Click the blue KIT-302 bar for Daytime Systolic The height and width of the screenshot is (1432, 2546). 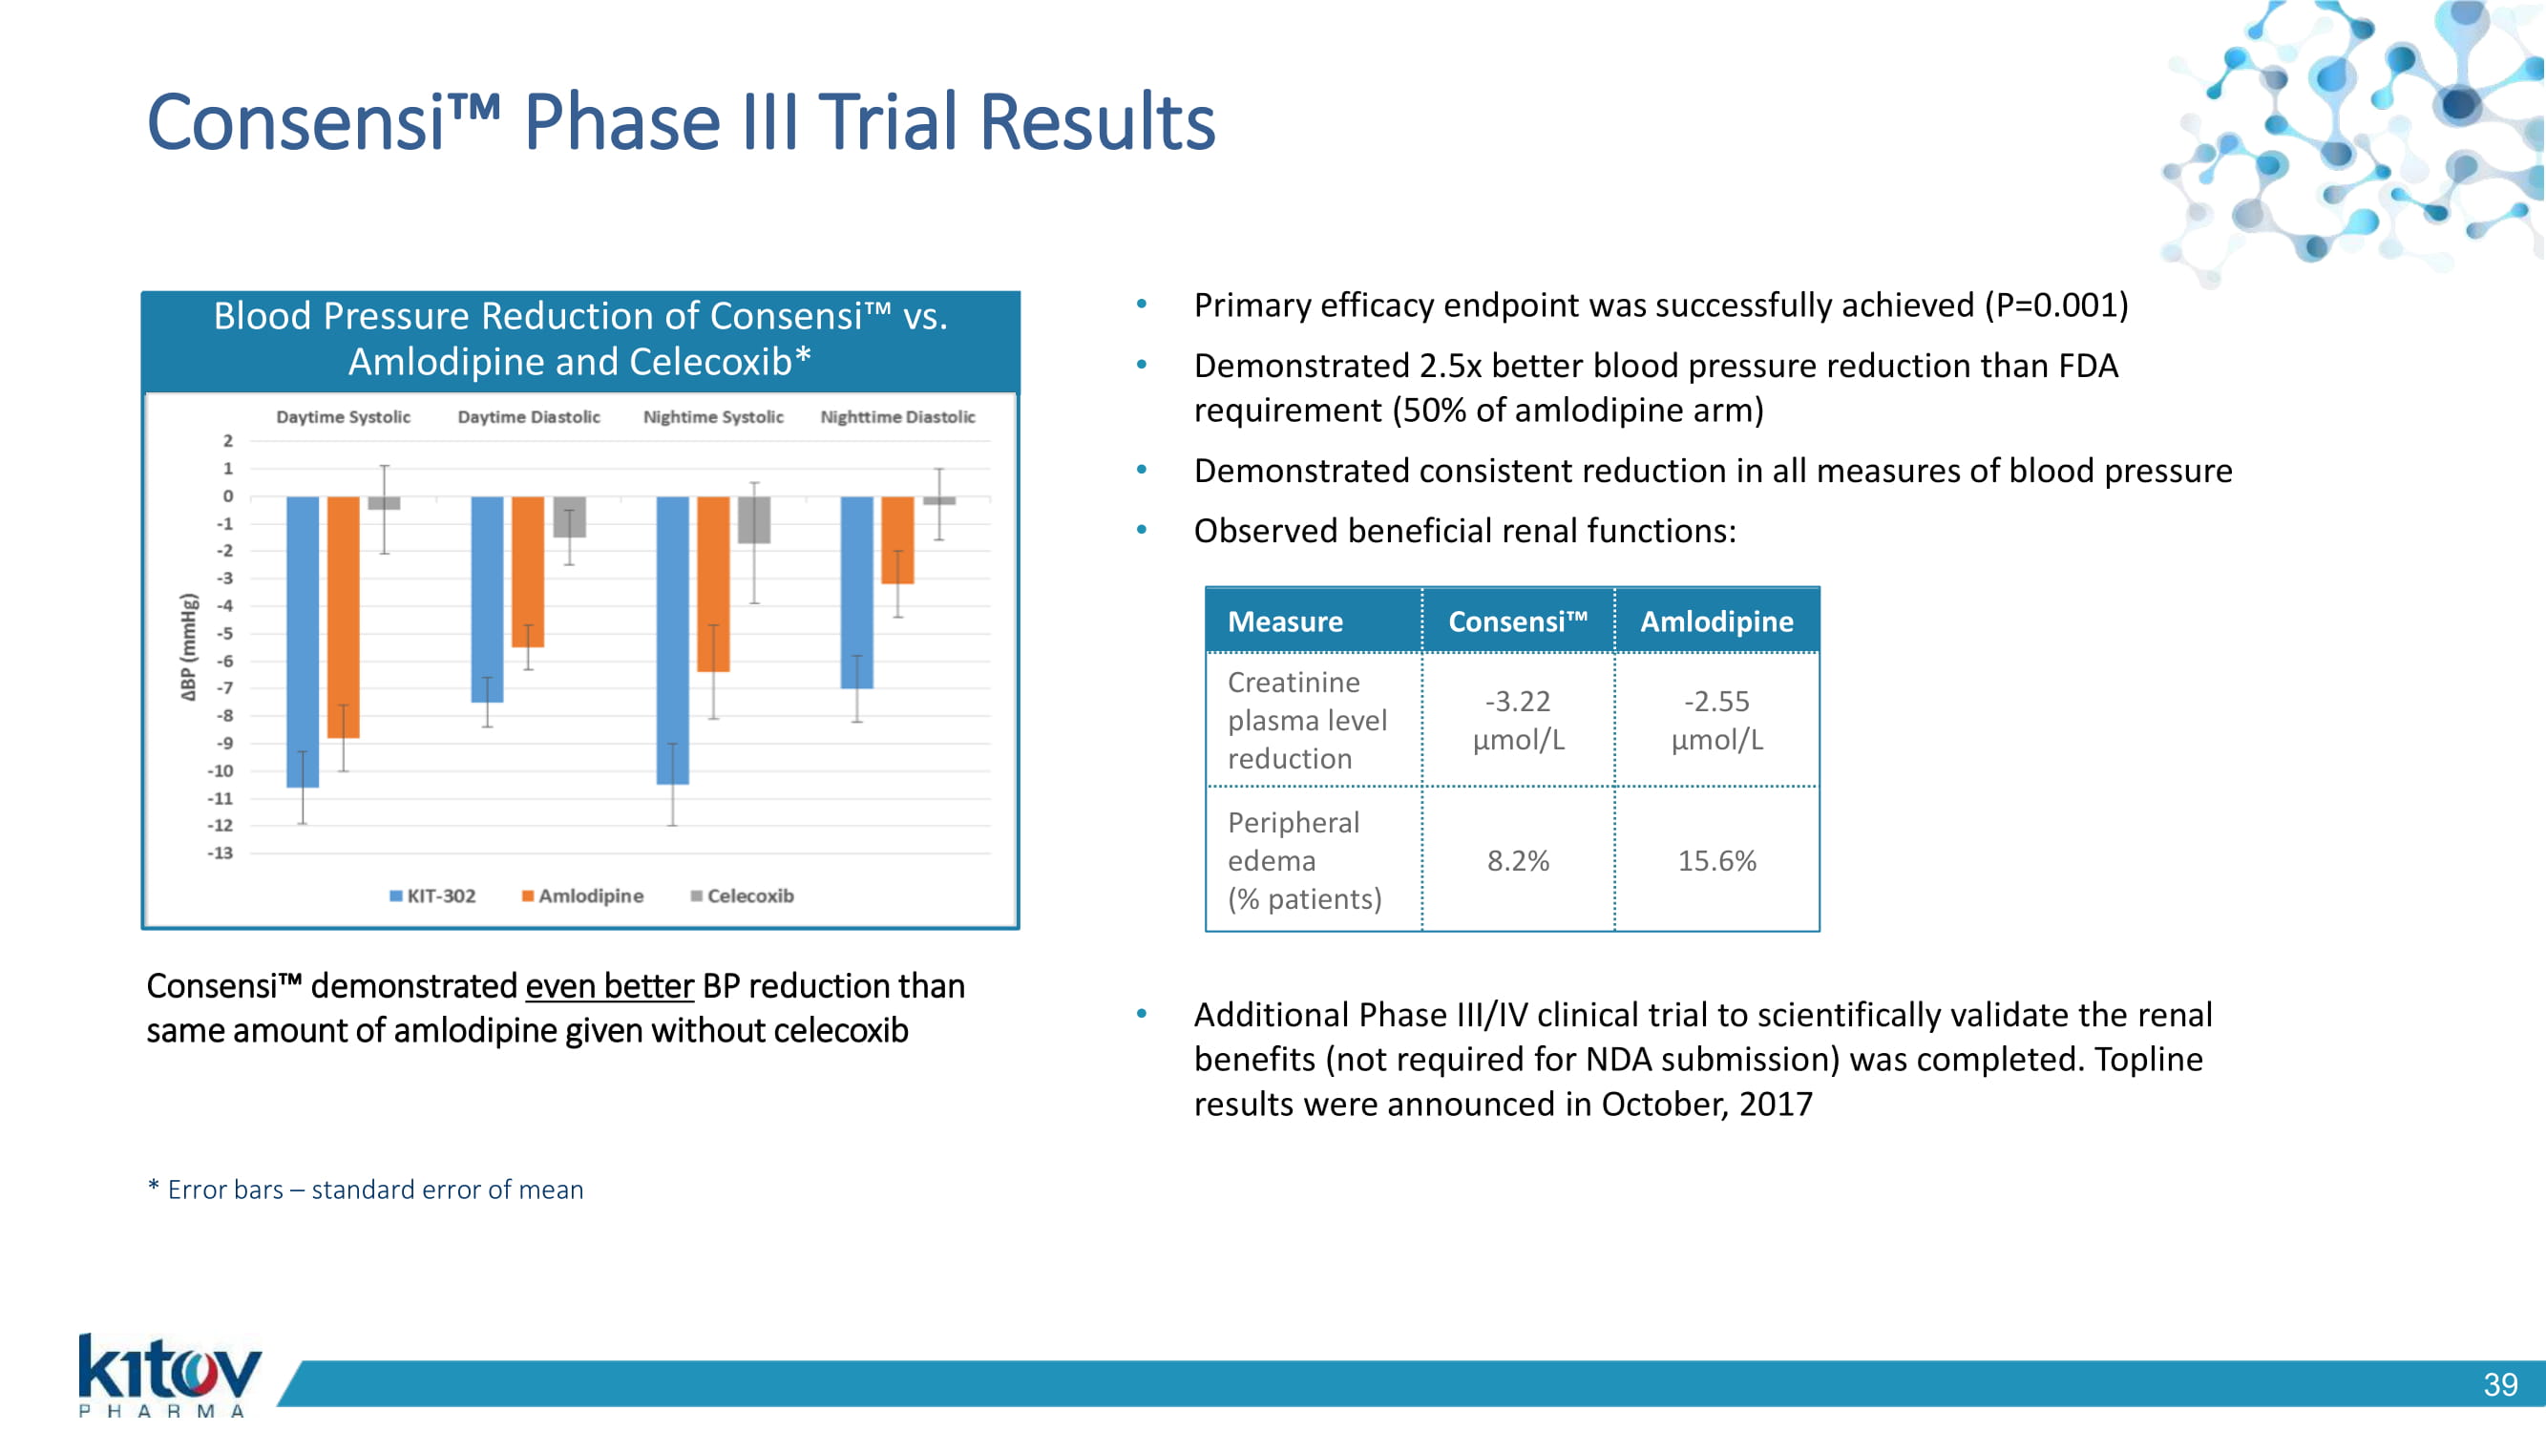click(x=303, y=642)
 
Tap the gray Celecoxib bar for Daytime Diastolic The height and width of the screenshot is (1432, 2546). click(x=569, y=516)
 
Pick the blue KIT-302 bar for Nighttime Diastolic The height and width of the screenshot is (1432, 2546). click(x=857, y=592)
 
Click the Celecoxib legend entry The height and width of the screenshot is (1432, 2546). click(x=743, y=895)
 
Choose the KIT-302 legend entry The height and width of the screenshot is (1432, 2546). click(x=432, y=895)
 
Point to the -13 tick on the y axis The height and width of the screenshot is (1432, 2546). click(x=221, y=853)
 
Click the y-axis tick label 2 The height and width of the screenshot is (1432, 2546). click(x=228, y=441)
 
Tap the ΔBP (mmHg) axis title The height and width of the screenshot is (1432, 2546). click(x=189, y=647)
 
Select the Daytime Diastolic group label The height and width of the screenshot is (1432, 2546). click(x=529, y=417)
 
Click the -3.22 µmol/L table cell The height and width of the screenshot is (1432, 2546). click(x=1518, y=721)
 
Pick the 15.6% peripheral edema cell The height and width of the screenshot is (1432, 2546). click(x=1716, y=861)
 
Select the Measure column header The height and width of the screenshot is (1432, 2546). click(x=1285, y=621)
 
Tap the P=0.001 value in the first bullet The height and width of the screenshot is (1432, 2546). click(x=2055, y=305)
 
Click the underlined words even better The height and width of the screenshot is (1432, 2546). click(x=610, y=986)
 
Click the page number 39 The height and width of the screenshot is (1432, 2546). click(x=2500, y=1384)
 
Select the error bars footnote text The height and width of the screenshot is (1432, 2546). click(x=366, y=1190)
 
